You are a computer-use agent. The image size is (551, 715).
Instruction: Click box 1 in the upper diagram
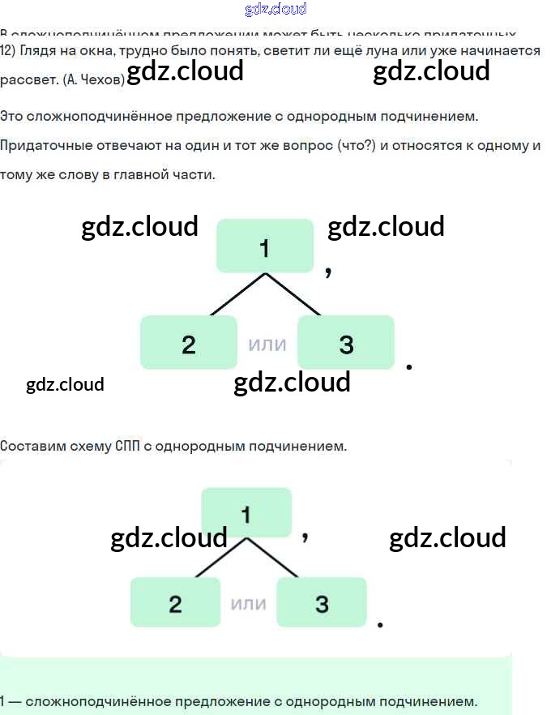[x=264, y=246]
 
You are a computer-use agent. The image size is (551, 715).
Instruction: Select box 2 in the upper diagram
[x=189, y=343]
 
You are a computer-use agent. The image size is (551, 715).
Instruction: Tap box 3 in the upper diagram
[x=346, y=343]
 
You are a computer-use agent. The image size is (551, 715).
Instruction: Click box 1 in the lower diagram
[x=246, y=512]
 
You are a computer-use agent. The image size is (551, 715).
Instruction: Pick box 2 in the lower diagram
[x=175, y=602]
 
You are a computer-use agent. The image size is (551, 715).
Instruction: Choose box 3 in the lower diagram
[x=322, y=602]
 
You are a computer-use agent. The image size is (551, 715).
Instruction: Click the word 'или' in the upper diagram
[x=267, y=344]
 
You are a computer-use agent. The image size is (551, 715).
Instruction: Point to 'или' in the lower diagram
[x=249, y=603]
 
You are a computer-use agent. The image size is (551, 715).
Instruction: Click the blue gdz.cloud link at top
[x=275, y=9]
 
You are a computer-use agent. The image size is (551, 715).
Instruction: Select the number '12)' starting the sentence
[x=8, y=49]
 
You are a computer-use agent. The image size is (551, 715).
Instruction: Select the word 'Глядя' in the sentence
[x=39, y=49]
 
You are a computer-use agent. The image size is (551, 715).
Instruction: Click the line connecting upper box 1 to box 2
[x=237, y=293]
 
